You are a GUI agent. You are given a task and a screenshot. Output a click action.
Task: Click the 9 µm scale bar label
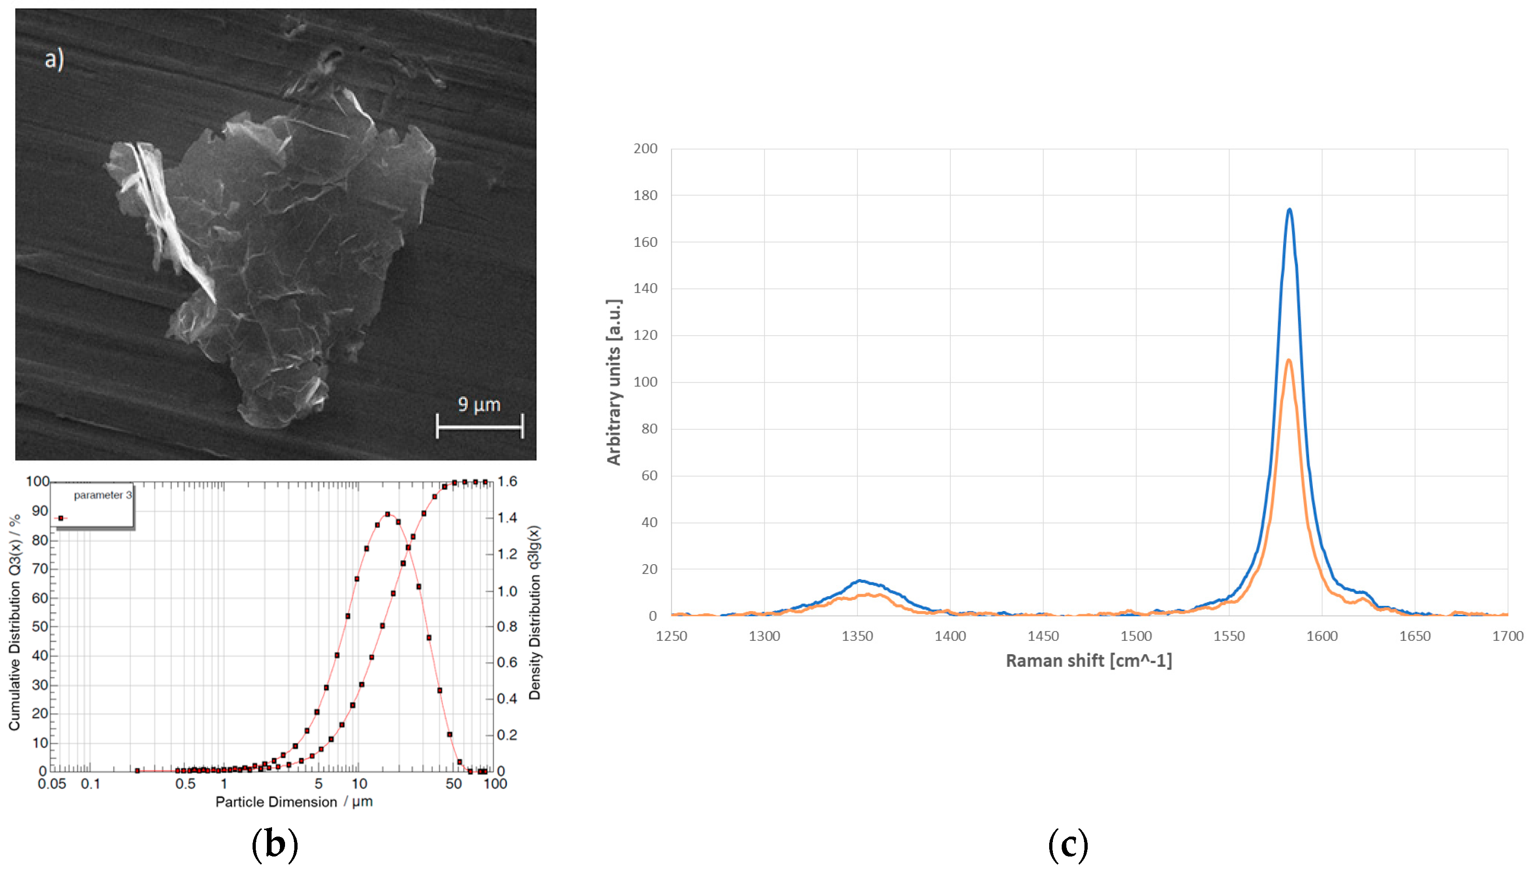coord(479,404)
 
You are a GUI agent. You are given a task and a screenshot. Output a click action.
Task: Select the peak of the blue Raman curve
coord(1289,210)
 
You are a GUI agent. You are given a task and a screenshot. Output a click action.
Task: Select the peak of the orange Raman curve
coord(1289,361)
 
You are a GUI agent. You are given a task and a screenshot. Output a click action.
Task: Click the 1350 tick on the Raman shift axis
coord(857,637)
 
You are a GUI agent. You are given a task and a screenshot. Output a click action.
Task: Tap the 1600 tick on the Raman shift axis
coord(1322,637)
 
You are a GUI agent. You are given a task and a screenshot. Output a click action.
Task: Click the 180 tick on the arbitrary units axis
coord(645,195)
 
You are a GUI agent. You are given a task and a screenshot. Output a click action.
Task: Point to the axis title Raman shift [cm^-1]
coord(1088,661)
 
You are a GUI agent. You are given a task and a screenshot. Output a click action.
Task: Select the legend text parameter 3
coord(102,495)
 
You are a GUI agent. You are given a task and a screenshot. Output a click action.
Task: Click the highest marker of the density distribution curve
coord(387,515)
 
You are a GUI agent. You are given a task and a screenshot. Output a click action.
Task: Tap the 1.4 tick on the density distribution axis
coord(507,518)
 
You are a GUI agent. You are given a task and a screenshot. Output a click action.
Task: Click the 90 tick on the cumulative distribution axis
coord(40,511)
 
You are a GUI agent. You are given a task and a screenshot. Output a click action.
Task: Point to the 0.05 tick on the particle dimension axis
coord(52,784)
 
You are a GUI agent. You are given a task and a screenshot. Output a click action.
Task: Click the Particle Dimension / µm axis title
coord(294,802)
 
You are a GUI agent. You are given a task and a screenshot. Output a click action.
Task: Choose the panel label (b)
coord(274,845)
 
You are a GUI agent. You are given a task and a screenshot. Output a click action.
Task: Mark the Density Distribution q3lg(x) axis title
coord(534,612)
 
